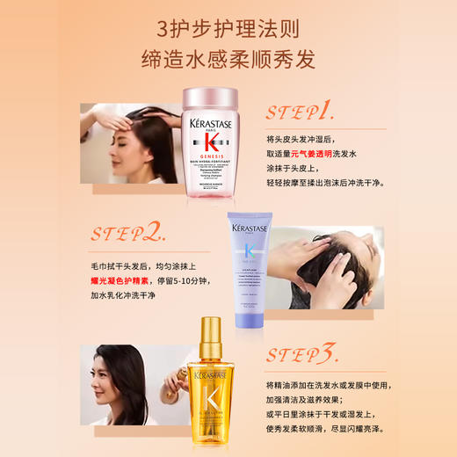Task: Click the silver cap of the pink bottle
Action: (207, 95)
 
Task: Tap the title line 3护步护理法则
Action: (228, 25)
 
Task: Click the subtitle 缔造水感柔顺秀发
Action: (228, 60)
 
